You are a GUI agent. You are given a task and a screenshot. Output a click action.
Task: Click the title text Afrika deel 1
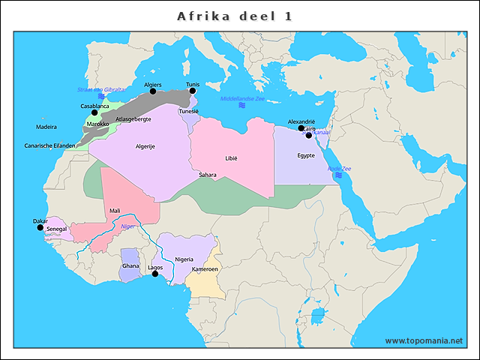(x=234, y=16)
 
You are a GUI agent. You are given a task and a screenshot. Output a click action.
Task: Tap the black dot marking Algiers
(x=154, y=91)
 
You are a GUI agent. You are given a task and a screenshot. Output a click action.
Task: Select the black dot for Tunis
(x=193, y=91)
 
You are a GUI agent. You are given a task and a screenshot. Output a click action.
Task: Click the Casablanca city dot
(x=94, y=112)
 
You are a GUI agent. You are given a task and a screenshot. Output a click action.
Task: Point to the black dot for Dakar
(x=40, y=227)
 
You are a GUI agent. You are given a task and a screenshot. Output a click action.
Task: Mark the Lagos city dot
(x=155, y=274)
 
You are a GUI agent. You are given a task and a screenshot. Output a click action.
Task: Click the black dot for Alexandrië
(x=301, y=128)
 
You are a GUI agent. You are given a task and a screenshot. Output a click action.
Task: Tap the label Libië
(x=231, y=159)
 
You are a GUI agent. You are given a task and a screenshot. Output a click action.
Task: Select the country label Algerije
(x=145, y=146)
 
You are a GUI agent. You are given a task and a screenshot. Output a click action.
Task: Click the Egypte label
(x=305, y=156)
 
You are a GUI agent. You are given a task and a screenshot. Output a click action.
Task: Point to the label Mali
(x=115, y=211)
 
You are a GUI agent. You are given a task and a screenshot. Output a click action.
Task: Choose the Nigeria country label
(x=184, y=259)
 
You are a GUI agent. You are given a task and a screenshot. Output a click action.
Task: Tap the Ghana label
(x=130, y=266)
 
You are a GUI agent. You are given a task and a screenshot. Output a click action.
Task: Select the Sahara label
(x=208, y=175)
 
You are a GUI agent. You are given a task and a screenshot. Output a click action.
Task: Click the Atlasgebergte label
(x=134, y=119)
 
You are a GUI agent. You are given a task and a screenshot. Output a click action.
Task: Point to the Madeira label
(x=46, y=127)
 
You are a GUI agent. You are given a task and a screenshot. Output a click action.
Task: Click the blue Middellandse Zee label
(x=242, y=99)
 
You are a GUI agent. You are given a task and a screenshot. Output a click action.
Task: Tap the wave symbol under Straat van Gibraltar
(x=101, y=97)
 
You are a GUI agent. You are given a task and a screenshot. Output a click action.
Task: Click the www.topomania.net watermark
(x=424, y=341)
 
